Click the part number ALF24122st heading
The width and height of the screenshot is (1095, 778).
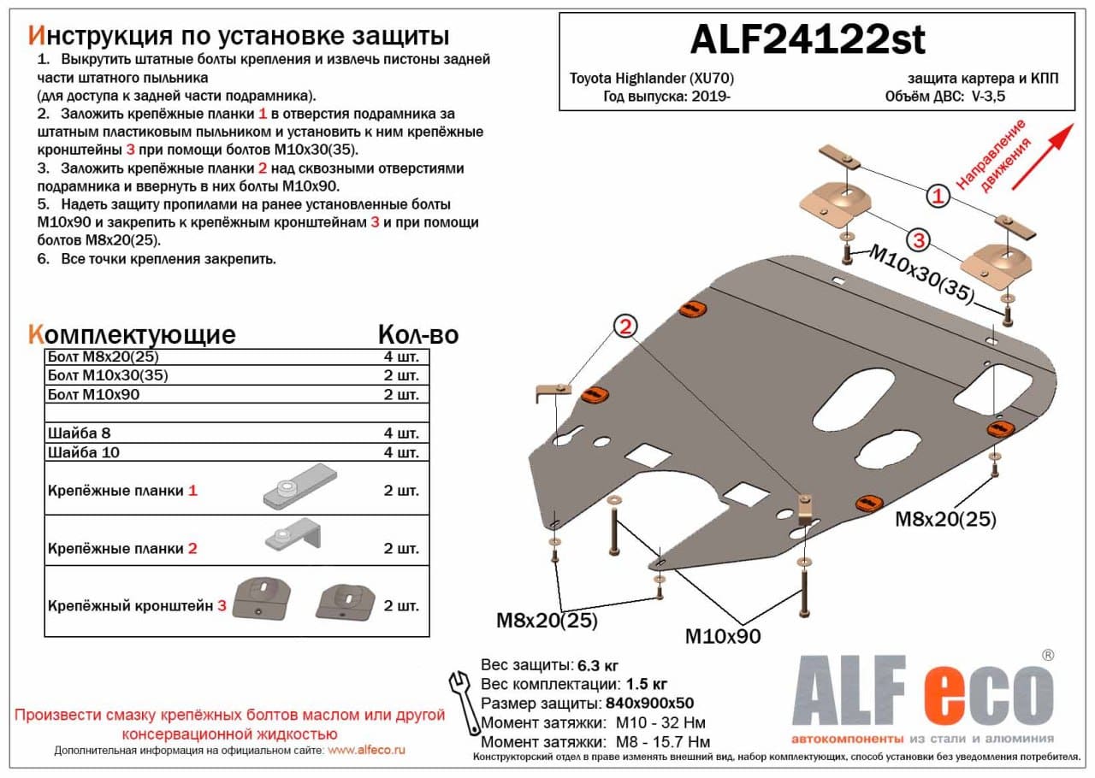pos(807,38)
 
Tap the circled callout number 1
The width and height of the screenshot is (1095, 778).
pos(938,197)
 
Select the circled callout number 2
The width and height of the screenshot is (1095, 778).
pos(625,327)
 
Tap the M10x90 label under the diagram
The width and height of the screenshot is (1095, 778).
pos(722,637)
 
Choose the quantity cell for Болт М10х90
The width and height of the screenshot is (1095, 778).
pos(401,395)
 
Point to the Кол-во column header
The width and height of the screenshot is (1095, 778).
pos(417,334)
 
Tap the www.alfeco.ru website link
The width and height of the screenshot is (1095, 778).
pos(366,750)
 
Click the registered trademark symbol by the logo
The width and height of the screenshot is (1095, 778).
pos(1047,655)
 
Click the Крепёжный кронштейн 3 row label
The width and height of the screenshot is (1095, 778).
pos(138,606)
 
